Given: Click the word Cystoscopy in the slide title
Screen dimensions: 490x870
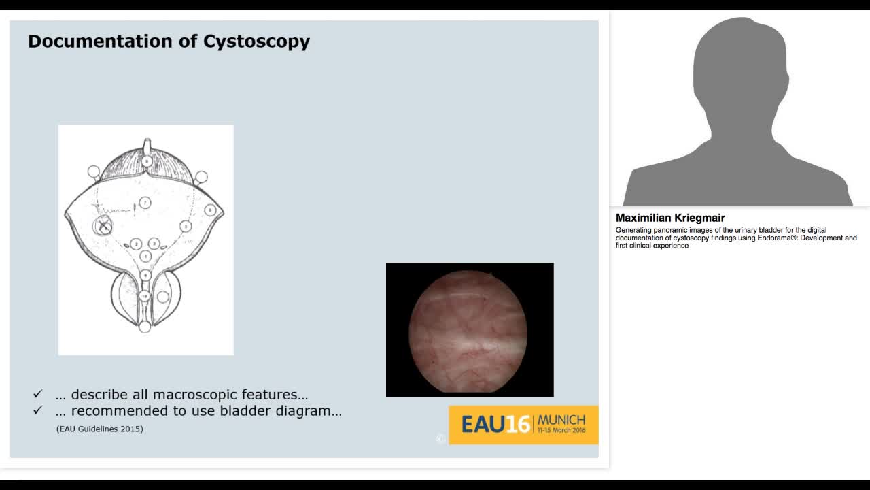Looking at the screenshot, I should click(256, 42).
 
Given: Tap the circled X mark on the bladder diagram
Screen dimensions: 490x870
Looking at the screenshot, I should click(103, 227).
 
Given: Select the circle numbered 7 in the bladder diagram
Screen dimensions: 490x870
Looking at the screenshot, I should click(145, 203).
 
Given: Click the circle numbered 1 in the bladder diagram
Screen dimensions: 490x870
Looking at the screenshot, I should click(145, 256).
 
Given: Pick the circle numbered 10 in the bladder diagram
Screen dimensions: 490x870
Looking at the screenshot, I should click(145, 296).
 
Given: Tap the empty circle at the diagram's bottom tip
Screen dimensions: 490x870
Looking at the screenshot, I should click(145, 327).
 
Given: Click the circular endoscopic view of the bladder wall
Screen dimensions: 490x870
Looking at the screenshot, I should click(468, 330).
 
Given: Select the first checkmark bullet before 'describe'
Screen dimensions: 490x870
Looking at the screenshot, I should click(38, 394).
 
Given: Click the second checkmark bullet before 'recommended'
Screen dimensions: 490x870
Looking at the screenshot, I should click(38, 410).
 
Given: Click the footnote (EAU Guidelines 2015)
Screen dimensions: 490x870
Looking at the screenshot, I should click(100, 429).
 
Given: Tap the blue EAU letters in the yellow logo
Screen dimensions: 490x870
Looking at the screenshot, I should click(483, 425).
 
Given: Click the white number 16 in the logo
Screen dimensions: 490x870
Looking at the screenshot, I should click(518, 425).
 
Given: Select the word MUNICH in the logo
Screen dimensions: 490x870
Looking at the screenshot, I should click(561, 419).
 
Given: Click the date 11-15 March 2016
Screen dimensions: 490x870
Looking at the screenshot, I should click(561, 431).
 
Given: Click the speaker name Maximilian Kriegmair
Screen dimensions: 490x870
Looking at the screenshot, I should click(670, 218).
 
